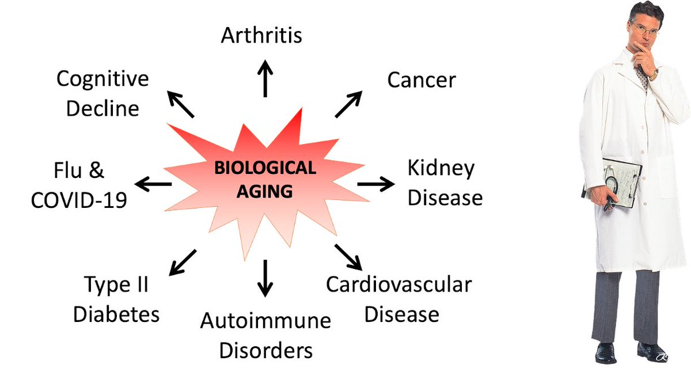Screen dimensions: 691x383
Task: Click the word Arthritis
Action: tap(261, 35)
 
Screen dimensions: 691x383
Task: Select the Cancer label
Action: tap(421, 79)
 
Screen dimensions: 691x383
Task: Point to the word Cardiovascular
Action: tap(398, 285)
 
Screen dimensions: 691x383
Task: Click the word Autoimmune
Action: tap(265, 321)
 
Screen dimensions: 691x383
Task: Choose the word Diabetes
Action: tap(116, 314)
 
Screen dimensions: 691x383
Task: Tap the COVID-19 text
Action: tap(79, 200)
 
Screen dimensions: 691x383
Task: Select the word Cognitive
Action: tap(102, 79)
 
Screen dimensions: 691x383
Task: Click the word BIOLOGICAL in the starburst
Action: tap(265, 168)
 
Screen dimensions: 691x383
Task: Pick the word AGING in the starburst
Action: tap(265, 191)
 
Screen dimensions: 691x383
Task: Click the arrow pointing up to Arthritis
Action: tap(265, 79)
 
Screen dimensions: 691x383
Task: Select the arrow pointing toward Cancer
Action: tap(348, 104)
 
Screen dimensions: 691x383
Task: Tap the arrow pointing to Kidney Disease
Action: tap(376, 184)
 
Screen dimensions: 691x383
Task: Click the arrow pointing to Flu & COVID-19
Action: tap(153, 184)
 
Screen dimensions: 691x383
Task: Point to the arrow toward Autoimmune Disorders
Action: tap(265, 278)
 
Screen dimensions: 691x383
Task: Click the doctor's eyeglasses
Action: tap(644, 28)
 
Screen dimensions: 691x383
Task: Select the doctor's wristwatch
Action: tap(654, 73)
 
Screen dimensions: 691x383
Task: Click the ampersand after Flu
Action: tap(97, 171)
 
